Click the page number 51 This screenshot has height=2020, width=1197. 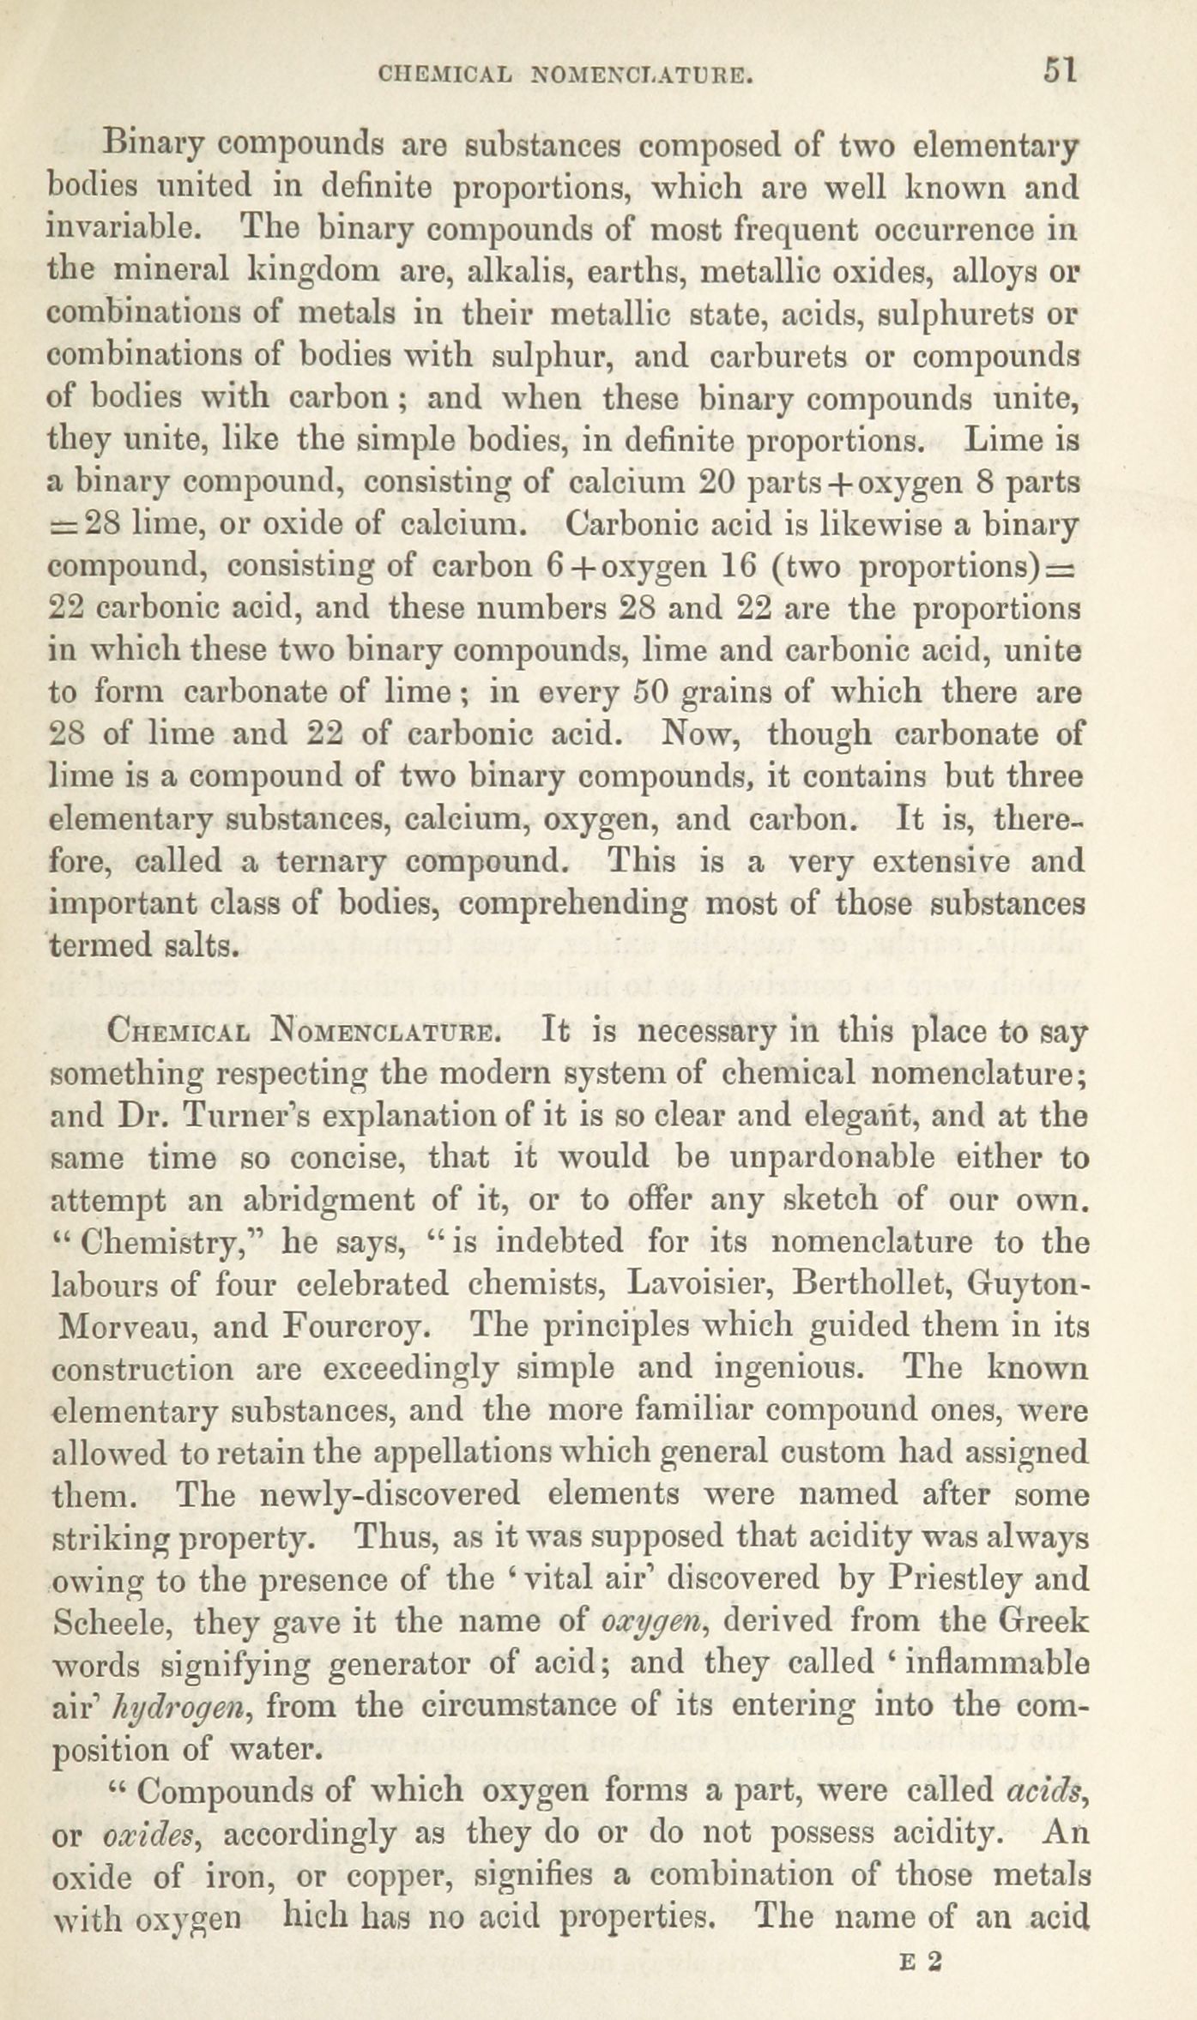(1060, 70)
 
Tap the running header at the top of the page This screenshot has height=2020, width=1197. (566, 77)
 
